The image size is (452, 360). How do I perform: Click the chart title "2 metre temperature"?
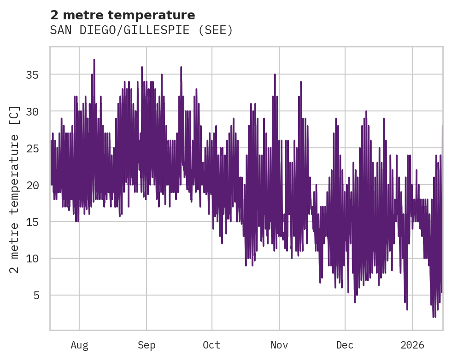[x=123, y=15]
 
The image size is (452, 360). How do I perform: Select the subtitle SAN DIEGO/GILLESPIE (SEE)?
[x=141, y=30]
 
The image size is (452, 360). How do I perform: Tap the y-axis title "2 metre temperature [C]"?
[x=15, y=189]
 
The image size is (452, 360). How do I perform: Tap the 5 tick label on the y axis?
[x=36, y=295]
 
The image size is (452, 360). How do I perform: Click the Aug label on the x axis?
[x=79, y=345]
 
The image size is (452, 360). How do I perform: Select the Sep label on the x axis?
[x=147, y=345]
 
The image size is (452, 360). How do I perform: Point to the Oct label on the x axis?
[x=212, y=345]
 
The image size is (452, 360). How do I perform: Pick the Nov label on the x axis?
[x=279, y=345]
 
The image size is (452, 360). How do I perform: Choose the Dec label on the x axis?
[x=345, y=345]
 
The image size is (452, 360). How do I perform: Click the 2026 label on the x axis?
[x=412, y=345]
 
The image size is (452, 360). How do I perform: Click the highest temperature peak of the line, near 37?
[x=94, y=60]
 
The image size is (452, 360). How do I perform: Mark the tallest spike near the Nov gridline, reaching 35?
[x=275, y=75]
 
